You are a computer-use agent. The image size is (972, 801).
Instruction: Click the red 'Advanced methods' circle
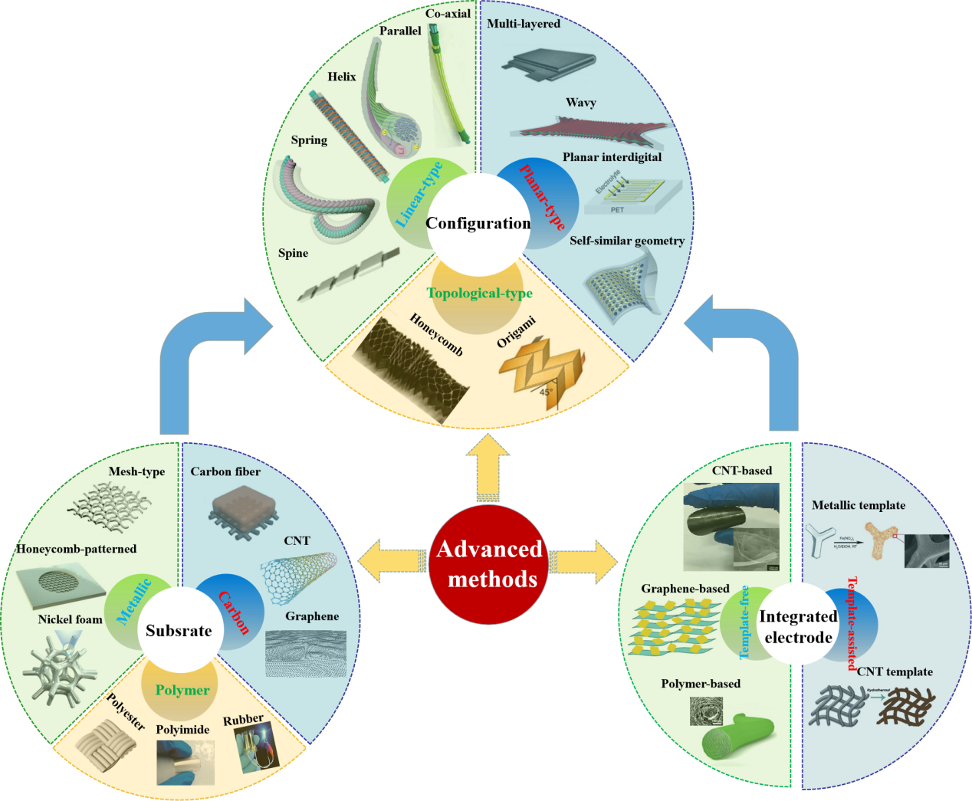point(488,563)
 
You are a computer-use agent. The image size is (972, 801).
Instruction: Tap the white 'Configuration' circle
point(478,224)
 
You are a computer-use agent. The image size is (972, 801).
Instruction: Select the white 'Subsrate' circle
point(179,631)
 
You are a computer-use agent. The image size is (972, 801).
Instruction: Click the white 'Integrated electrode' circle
point(798,627)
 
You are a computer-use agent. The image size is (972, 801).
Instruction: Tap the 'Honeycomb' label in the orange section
point(436,335)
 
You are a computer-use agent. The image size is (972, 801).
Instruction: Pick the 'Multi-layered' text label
point(524,24)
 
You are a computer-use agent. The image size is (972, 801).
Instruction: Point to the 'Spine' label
point(293,253)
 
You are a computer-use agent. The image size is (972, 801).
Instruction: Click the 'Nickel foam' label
point(70,619)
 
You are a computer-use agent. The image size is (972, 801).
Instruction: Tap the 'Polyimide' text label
point(182,730)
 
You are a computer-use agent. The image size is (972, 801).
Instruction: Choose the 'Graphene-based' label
point(685,589)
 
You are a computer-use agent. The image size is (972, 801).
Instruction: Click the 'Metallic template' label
point(859,505)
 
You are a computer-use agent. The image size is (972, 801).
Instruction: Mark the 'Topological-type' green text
point(479,293)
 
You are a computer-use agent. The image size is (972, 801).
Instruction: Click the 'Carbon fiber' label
point(225,471)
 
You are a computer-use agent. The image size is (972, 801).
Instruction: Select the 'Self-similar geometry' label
point(627,241)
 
